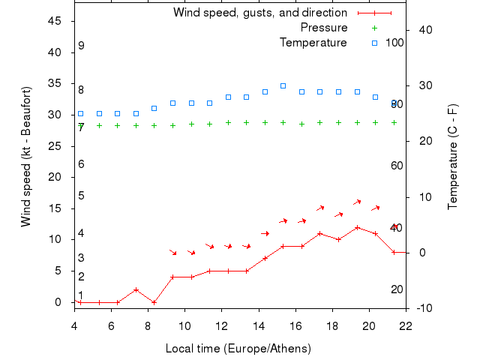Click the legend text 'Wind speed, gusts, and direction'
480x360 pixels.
click(x=259, y=13)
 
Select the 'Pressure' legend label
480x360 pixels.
click(x=323, y=28)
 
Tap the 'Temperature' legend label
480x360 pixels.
click(x=313, y=43)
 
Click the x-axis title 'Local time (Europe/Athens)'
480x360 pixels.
click(x=238, y=349)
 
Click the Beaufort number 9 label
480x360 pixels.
click(x=81, y=46)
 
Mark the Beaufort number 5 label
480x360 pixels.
click(x=81, y=196)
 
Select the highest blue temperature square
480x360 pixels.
click(x=283, y=85)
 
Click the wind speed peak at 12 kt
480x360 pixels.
click(x=357, y=227)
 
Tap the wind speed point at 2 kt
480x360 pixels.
click(x=136, y=289)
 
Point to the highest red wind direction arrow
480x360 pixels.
click(x=357, y=202)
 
